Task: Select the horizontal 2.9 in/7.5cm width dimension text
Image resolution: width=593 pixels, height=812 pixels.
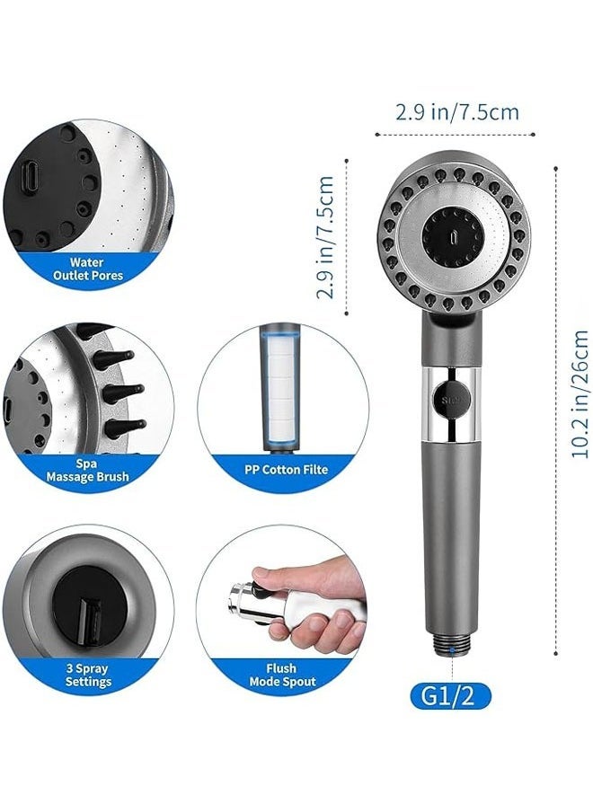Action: click(x=457, y=112)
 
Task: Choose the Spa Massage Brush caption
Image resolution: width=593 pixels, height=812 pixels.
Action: click(x=87, y=469)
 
